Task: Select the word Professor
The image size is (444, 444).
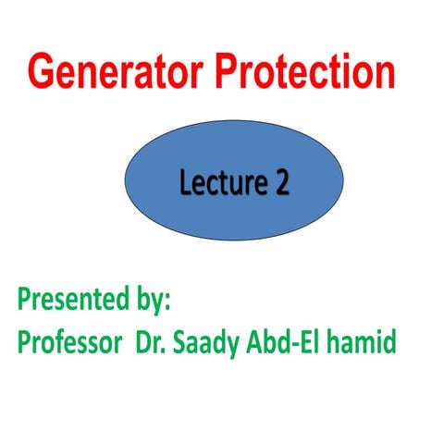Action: (x=68, y=342)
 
